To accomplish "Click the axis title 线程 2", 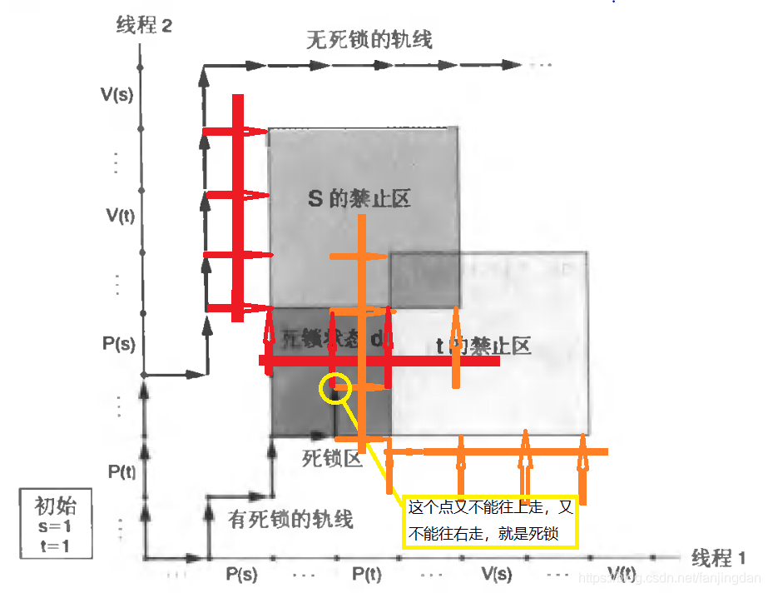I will click(143, 26).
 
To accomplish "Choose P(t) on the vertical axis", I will click(121, 471).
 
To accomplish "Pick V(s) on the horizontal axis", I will click(497, 575).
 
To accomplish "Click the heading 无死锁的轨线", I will click(369, 39).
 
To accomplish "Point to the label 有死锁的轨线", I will click(290, 520).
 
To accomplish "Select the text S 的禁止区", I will click(359, 199).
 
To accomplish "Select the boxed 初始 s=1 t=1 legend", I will click(57, 525).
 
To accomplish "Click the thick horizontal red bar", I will click(379, 361).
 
